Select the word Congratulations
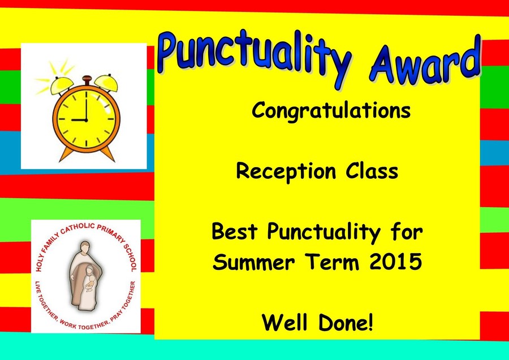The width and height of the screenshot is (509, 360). click(x=331, y=111)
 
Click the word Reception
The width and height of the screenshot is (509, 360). click(x=286, y=172)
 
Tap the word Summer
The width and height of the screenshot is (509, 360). click(x=254, y=262)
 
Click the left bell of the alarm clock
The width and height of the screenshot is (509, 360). click(x=62, y=85)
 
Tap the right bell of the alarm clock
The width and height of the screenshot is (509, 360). click(x=106, y=83)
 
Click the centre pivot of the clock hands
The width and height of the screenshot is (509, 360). click(x=87, y=120)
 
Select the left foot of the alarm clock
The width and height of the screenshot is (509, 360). click(x=66, y=154)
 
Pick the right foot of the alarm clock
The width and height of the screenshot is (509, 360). click(x=107, y=153)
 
